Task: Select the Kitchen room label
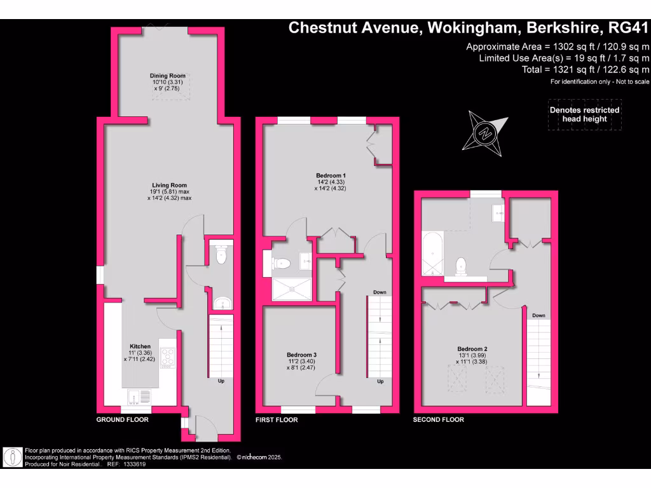(x=140, y=346)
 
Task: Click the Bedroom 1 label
(x=331, y=175)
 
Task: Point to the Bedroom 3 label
(x=301, y=355)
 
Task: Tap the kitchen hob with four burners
(x=168, y=358)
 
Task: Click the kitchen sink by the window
(x=140, y=397)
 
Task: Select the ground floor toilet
(x=221, y=255)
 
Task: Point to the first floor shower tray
(x=292, y=288)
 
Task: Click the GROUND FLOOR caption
(x=122, y=420)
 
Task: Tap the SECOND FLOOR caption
(x=439, y=420)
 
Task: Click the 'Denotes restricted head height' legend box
(x=584, y=114)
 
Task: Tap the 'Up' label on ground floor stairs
(x=221, y=381)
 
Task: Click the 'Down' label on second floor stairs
(x=538, y=315)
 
